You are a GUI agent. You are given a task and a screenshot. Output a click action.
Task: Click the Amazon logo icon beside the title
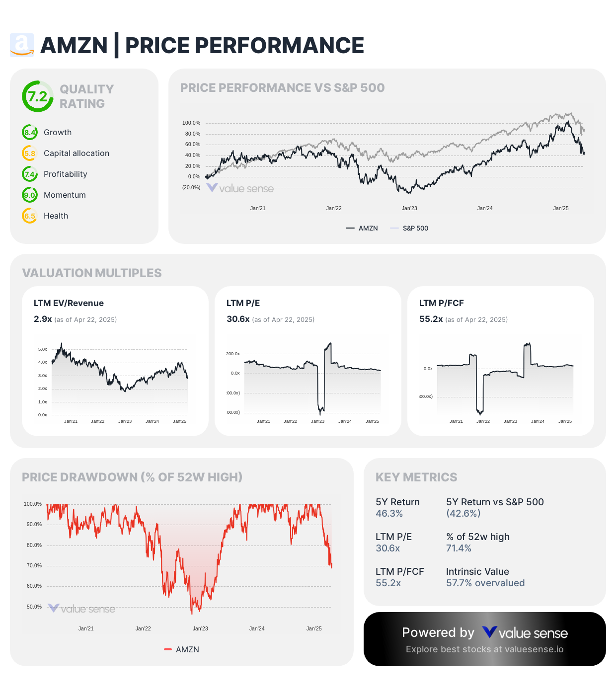click(x=22, y=45)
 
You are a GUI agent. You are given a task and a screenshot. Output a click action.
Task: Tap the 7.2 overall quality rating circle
click(x=37, y=96)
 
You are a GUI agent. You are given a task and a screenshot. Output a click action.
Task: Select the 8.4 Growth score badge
click(x=30, y=133)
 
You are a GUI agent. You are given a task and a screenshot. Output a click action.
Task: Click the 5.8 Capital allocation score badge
click(x=30, y=154)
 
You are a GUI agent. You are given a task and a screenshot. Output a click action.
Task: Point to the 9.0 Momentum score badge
click(x=30, y=195)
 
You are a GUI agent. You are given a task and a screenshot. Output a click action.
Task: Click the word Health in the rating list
click(x=56, y=216)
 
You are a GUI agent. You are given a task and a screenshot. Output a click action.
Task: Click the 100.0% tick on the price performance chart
click(x=191, y=123)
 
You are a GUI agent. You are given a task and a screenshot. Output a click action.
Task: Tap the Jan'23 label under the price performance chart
click(x=409, y=209)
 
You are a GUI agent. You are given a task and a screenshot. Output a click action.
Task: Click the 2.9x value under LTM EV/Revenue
click(x=43, y=319)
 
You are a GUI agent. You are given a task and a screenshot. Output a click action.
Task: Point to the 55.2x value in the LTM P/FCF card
click(x=431, y=319)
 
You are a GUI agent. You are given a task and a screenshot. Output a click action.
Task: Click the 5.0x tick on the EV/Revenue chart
click(x=43, y=350)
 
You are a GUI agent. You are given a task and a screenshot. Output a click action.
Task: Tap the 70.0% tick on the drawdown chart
click(x=34, y=566)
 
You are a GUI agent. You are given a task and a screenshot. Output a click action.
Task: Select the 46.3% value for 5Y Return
click(x=389, y=514)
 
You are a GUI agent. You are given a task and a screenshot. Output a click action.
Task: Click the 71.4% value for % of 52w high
click(x=459, y=548)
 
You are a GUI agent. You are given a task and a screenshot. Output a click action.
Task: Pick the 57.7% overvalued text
click(x=485, y=583)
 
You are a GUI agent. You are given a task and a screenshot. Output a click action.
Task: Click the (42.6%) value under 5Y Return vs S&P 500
click(x=463, y=514)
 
